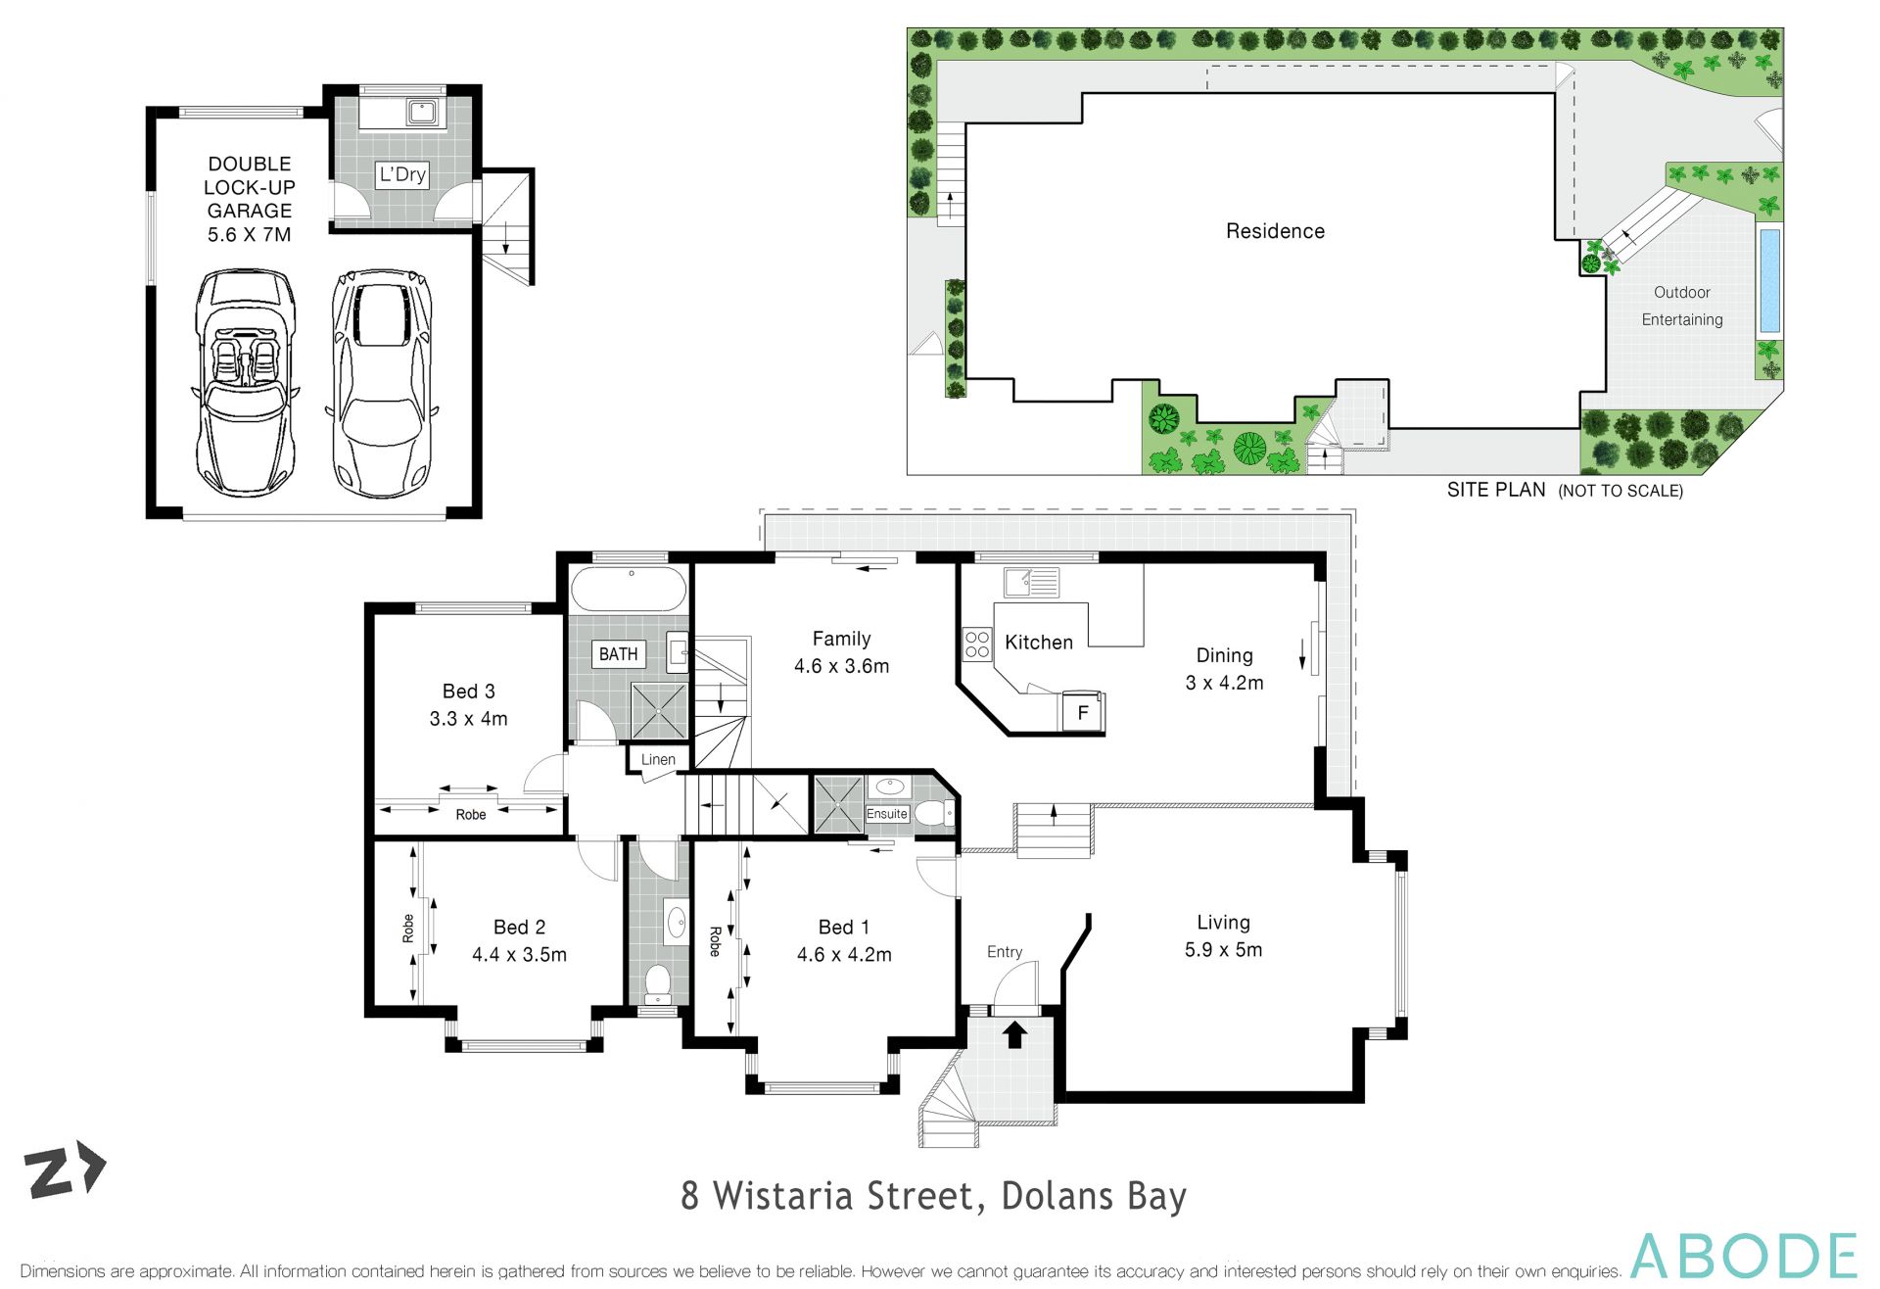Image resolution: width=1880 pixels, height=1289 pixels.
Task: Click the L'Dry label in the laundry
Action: [x=402, y=174]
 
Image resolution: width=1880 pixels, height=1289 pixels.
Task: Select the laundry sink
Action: [x=422, y=111]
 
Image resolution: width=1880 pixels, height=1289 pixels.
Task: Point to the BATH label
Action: [x=618, y=653]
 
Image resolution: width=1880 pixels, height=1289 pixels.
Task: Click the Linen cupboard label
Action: [x=658, y=759]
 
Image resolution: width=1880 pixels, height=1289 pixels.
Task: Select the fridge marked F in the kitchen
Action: [x=1083, y=712]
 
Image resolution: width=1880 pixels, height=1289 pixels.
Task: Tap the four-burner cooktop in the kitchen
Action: [x=976, y=644]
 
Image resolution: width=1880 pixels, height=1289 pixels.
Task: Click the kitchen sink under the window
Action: [x=1030, y=582]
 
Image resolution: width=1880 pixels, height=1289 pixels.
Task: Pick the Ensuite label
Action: [x=887, y=814]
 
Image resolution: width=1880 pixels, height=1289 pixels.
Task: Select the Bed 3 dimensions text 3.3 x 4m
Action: [x=468, y=719]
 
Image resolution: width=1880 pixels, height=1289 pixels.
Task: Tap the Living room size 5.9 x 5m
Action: [x=1223, y=950]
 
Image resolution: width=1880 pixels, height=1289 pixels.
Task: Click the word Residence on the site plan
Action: [x=1275, y=231]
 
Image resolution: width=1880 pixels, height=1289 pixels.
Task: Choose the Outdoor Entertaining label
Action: [x=1681, y=306]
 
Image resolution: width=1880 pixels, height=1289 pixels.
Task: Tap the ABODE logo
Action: [x=1743, y=1256]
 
